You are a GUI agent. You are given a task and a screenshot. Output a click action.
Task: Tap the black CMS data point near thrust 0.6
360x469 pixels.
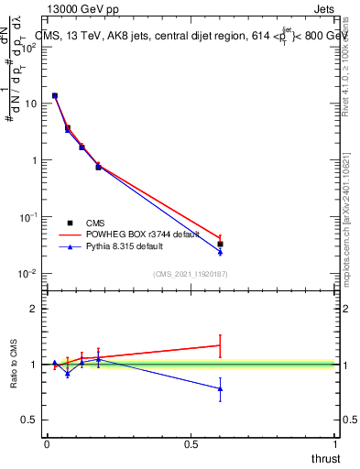click(220, 244)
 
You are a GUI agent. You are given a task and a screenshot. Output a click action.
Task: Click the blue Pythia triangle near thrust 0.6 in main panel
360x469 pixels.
click(220, 252)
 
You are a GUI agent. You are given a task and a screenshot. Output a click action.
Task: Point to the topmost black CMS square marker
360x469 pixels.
click(55, 95)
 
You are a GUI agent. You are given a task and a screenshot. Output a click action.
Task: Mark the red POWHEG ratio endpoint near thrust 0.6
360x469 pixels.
click(220, 345)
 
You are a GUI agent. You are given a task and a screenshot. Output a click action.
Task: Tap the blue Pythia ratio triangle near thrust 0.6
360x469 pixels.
click(220, 388)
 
